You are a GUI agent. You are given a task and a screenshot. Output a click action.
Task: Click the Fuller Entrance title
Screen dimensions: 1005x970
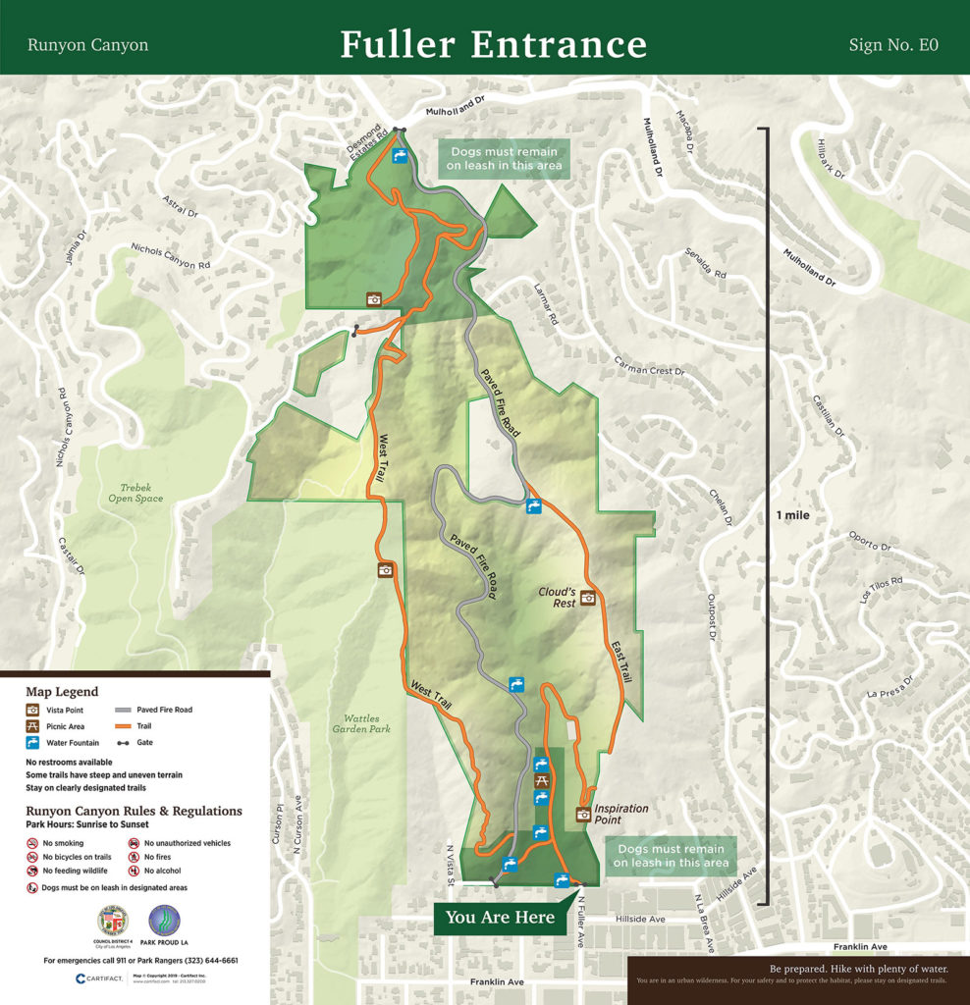[x=493, y=44]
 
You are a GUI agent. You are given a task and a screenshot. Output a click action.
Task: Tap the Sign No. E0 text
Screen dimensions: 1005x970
[x=893, y=45]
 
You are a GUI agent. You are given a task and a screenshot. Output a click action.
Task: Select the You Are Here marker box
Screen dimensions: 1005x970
[x=500, y=918]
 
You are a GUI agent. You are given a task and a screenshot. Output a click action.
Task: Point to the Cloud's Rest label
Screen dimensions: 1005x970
[x=558, y=598]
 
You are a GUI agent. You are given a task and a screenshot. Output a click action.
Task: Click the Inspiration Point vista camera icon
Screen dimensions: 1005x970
[x=582, y=814]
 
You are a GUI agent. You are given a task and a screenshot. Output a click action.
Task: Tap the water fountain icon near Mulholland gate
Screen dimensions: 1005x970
[x=400, y=156]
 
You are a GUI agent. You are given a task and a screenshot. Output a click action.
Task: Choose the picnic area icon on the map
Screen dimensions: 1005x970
[x=540, y=781]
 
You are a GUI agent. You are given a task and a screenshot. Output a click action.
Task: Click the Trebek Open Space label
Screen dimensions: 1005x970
[x=135, y=492]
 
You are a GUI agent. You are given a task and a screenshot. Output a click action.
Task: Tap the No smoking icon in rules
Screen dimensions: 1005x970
[x=33, y=843]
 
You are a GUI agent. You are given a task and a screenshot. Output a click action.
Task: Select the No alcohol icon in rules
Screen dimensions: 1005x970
[x=134, y=871]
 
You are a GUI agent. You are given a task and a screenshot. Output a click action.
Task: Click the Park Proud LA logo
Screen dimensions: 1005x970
[x=164, y=925]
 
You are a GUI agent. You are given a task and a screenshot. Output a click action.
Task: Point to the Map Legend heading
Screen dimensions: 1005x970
[x=62, y=692]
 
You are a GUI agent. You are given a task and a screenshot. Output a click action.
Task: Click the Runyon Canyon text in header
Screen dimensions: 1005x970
[x=87, y=45]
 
